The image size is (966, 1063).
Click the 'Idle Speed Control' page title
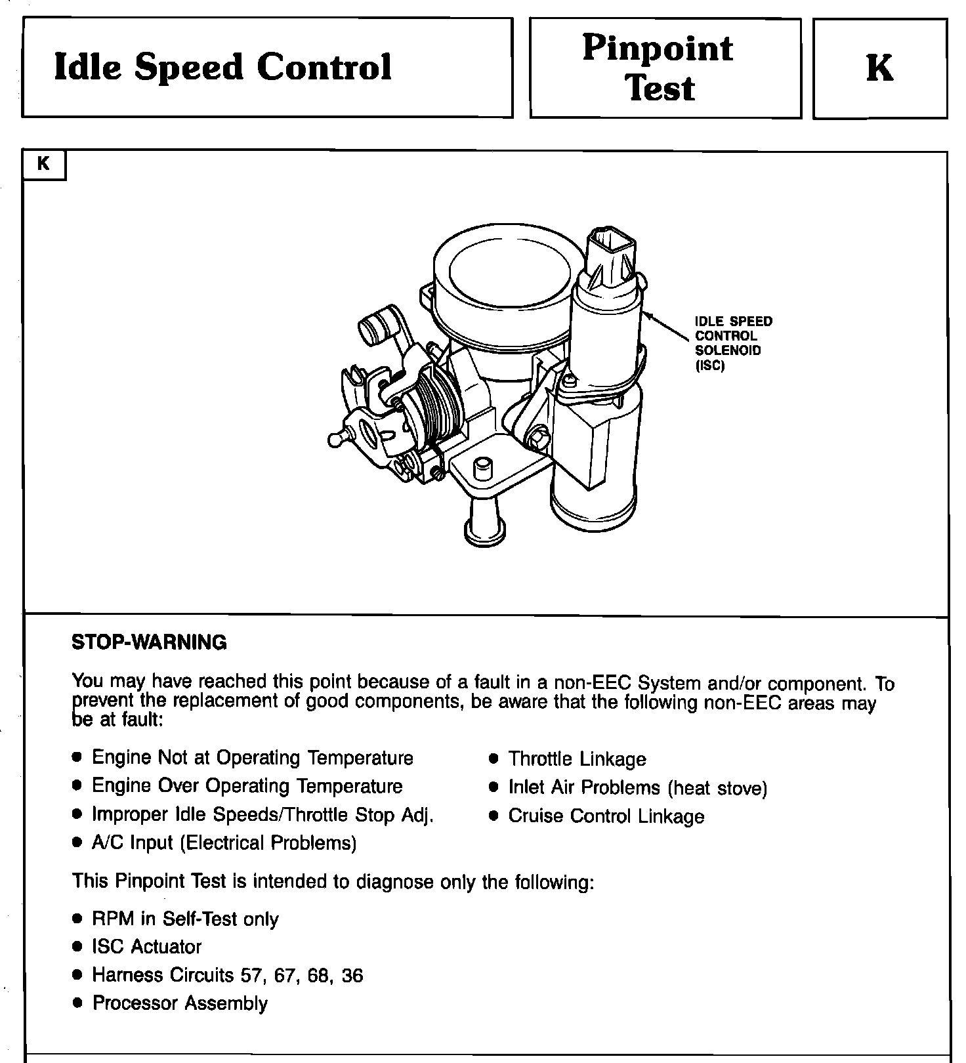coord(222,67)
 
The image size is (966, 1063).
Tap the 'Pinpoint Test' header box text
coord(659,68)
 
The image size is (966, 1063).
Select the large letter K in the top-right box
coord(879,68)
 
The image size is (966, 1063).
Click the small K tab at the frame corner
coord(44,164)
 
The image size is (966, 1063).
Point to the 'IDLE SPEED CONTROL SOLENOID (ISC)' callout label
coord(733,343)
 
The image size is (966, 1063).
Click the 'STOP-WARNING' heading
coord(149,642)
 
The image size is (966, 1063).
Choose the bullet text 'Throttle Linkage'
coord(577,759)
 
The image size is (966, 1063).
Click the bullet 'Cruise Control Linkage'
coord(606,816)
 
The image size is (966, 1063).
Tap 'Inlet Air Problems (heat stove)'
coord(637,787)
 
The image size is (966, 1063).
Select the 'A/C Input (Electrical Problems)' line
coord(224,843)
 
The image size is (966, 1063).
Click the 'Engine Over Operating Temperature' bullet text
coord(247,786)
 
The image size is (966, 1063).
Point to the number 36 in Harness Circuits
coord(352,976)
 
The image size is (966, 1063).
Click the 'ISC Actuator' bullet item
coord(146,947)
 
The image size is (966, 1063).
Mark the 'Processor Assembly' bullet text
coord(180,1003)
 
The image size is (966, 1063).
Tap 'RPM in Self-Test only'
coord(185,919)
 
